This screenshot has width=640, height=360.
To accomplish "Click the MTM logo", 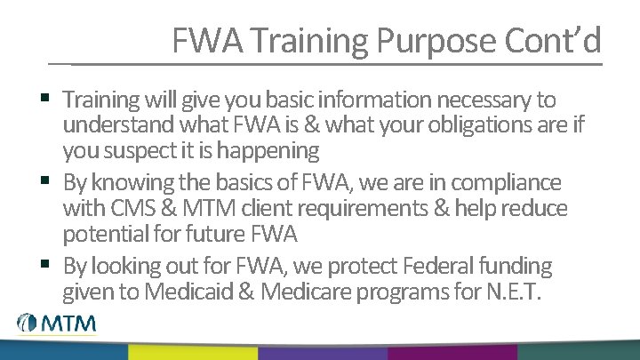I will (54, 324).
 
